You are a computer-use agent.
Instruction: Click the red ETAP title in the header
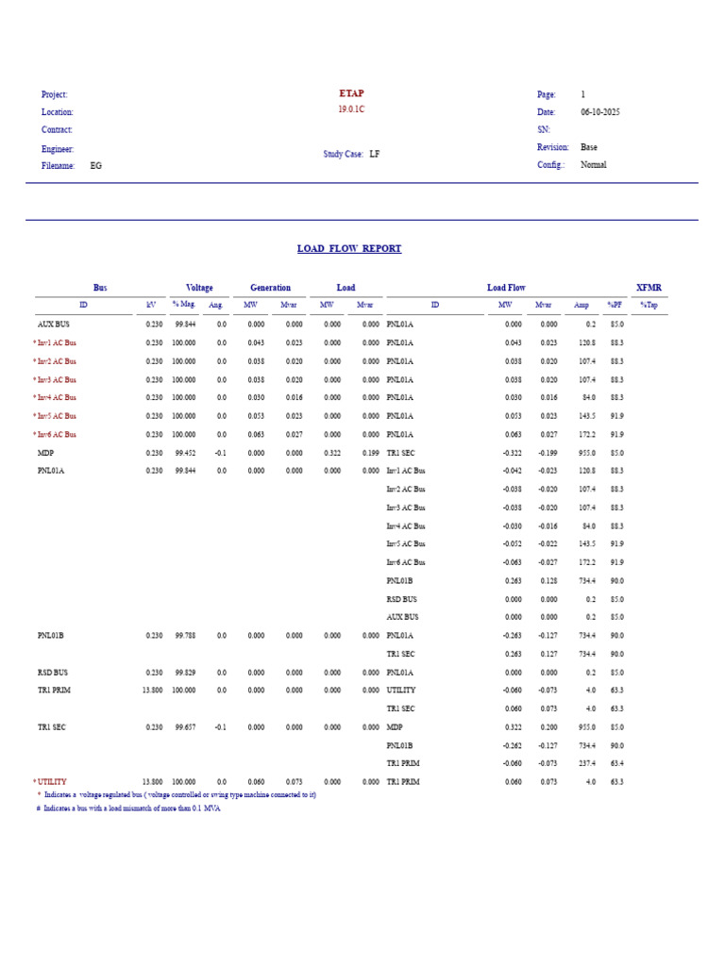pyautogui.click(x=351, y=93)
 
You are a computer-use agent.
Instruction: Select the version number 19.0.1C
pyautogui.click(x=351, y=109)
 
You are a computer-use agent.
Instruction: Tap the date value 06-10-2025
pyautogui.click(x=600, y=112)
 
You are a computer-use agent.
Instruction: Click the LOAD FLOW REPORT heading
pyautogui.click(x=349, y=249)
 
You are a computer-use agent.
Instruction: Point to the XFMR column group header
pyautogui.click(x=649, y=288)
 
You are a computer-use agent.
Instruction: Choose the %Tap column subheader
pyautogui.click(x=648, y=306)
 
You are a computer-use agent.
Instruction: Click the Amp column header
pyautogui.click(x=581, y=306)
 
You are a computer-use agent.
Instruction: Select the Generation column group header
pyautogui.click(x=270, y=288)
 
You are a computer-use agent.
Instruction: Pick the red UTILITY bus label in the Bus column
pyautogui.click(x=52, y=782)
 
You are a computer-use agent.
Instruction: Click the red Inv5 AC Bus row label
pyautogui.click(x=57, y=416)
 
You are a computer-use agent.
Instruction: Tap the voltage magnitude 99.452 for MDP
pyautogui.click(x=185, y=453)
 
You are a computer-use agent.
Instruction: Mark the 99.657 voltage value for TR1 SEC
pyautogui.click(x=185, y=727)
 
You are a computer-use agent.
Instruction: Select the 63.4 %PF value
pyautogui.click(x=615, y=764)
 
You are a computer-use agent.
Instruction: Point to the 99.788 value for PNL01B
pyautogui.click(x=185, y=636)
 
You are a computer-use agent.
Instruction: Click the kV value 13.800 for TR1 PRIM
pyautogui.click(x=152, y=691)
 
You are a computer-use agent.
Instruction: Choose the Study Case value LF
pyautogui.click(x=375, y=154)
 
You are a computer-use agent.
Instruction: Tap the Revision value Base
pyautogui.click(x=589, y=147)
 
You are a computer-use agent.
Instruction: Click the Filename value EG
pyautogui.click(x=96, y=166)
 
